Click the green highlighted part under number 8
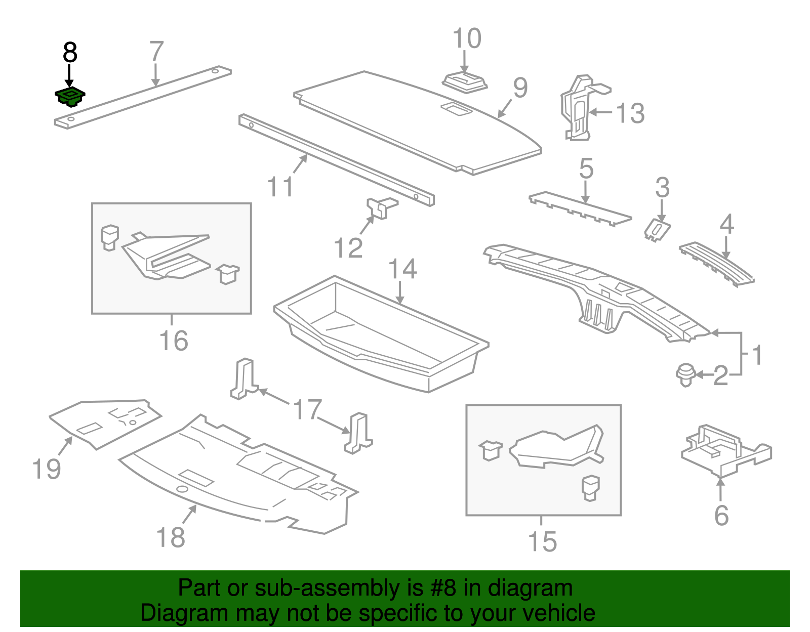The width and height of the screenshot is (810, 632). click(x=70, y=96)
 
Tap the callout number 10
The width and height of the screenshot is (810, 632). click(x=466, y=39)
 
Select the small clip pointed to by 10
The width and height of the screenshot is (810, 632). click(x=465, y=82)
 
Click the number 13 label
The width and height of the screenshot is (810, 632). click(x=630, y=113)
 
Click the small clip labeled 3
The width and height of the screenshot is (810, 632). click(x=657, y=230)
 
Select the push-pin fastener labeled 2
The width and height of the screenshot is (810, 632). click(x=685, y=375)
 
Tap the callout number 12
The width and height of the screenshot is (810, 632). click(x=348, y=248)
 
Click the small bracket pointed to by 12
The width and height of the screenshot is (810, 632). click(x=381, y=207)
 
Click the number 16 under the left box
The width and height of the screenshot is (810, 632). click(x=174, y=341)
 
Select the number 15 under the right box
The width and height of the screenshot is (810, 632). click(x=542, y=541)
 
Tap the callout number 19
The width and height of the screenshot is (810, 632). click(x=47, y=469)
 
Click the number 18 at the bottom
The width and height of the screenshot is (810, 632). click(x=171, y=537)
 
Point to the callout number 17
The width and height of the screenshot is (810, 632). click(x=307, y=409)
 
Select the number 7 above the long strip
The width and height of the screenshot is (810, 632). click(x=156, y=52)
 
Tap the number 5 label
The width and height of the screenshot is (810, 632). click(x=586, y=168)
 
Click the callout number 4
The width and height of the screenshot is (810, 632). click(x=726, y=224)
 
